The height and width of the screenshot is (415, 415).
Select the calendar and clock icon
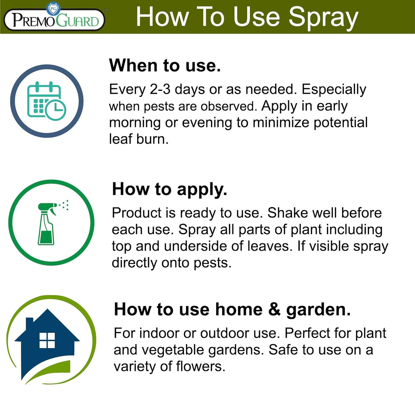47,101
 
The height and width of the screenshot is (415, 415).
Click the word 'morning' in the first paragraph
135,123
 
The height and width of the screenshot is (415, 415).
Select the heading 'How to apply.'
170,189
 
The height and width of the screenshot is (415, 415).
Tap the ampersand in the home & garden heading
274,309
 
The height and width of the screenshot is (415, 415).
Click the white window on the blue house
47,340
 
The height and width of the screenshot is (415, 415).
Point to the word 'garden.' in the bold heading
318,309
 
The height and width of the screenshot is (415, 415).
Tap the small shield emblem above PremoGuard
53,9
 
